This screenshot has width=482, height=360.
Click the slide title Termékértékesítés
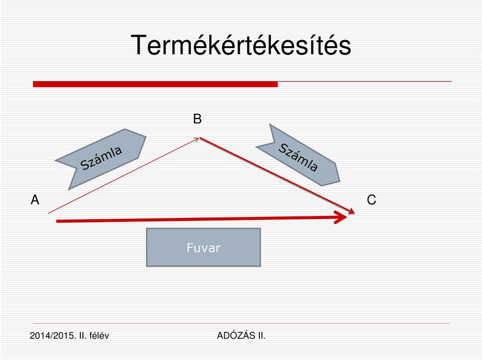point(241,45)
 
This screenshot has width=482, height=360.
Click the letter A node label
point(35,200)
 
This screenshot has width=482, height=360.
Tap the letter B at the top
point(198,119)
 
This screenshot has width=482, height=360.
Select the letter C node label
point(371,200)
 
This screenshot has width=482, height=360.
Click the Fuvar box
point(204,247)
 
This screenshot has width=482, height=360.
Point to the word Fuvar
point(204,248)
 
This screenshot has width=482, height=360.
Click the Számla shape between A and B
point(101,159)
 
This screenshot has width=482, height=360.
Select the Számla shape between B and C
point(298,155)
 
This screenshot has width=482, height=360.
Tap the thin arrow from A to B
point(124,176)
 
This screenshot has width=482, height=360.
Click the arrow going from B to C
point(277,175)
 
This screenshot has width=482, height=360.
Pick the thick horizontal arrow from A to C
point(202,219)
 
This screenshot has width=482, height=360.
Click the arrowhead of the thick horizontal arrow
point(341,217)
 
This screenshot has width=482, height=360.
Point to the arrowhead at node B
point(197,140)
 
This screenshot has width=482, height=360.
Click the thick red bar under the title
point(155,84)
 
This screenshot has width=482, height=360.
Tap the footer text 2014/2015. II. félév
point(69,336)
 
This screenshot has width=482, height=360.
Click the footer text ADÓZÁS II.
point(241,336)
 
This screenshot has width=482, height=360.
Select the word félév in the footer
point(99,336)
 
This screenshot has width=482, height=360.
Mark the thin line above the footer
point(241,323)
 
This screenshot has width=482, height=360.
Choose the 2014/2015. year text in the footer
point(53,336)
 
